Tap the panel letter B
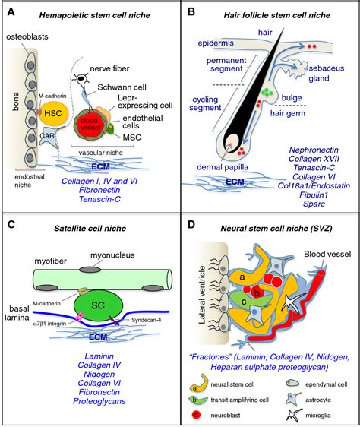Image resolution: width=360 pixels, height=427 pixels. pyautogui.click(x=191, y=13)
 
